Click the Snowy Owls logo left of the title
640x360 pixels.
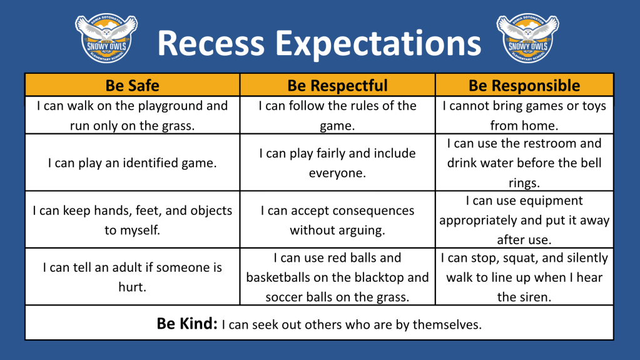[x=106, y=38]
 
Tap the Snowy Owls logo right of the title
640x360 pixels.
[x=528, y=38]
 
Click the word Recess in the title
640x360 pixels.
[x=211, y=43]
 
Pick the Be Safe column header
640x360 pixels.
[x=132, y=85]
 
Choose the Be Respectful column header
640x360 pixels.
[x=338, y=85]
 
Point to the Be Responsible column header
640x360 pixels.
[x=524, y=85]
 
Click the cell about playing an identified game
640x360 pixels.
[x=132, y=163]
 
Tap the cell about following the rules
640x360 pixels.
[x=338, y=115]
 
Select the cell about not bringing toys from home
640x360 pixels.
[x=524, y=115]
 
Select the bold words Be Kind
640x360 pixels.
[x=187, y=324]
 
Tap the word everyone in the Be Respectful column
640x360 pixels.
[x=337, y=173]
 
